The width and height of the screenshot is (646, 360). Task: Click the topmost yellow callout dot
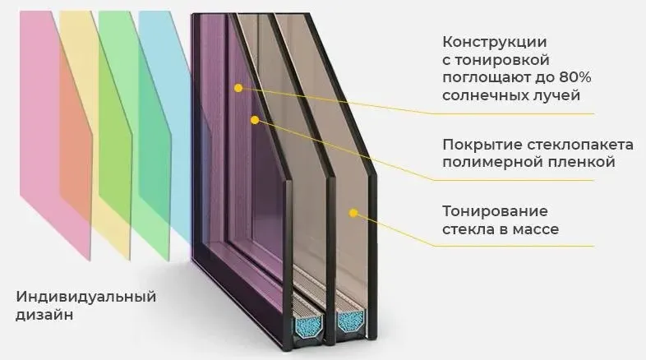(238, 86)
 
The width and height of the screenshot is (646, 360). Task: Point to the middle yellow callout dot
(255, 120)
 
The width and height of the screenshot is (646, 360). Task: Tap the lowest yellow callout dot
(354, 214)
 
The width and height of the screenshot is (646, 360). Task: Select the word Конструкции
(483, 42)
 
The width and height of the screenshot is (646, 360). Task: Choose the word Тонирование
(483, 211)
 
